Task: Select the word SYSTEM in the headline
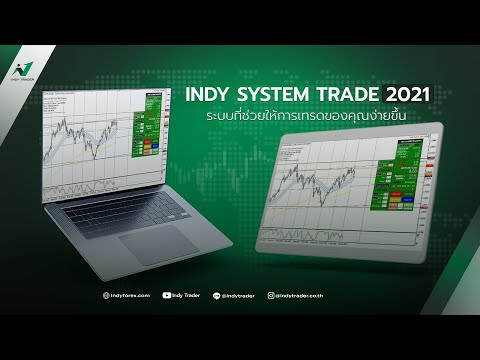[275, 95]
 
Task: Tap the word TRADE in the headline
[344, 95]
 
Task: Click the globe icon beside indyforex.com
[108, 295]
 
